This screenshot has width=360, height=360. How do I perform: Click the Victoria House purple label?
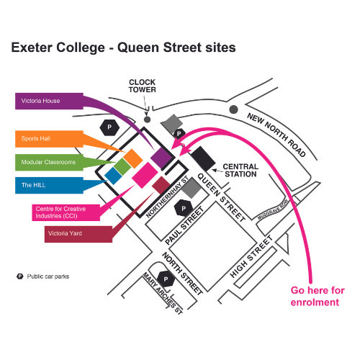(x=49, y=101)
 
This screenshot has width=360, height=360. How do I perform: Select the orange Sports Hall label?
(x=49, y=139)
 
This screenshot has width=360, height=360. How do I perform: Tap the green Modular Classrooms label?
(x=49, y=162)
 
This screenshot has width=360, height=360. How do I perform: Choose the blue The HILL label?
(x=49, y=185)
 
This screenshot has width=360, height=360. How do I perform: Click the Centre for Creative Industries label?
(x=66, y=212)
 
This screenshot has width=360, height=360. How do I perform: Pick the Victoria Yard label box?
(x=78, y=234)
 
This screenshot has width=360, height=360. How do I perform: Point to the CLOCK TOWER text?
(x=143, y=86)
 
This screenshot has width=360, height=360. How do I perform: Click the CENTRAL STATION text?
(x=240, y=170)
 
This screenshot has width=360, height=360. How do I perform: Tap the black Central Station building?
(x=203, y=158)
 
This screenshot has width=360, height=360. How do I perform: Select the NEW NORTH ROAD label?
(x=276, y=135)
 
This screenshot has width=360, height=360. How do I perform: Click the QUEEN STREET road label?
(x=221, y=197)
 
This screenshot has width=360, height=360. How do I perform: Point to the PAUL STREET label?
(x=184, y=225)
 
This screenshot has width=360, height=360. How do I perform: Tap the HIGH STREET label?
(x=251, y=256)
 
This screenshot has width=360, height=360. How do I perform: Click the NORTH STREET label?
(x=182, y=273)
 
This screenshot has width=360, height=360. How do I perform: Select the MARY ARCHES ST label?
(x=163, y=293)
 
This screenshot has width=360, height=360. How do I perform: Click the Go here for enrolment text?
(x=318, y=296)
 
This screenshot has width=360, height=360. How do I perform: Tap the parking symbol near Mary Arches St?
(x=166, y=279)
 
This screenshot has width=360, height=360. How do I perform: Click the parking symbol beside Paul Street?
(x=184, y=208)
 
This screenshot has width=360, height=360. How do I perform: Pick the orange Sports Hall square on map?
(x=133, y=158)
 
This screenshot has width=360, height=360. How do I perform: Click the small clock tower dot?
(x=147, y=120)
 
